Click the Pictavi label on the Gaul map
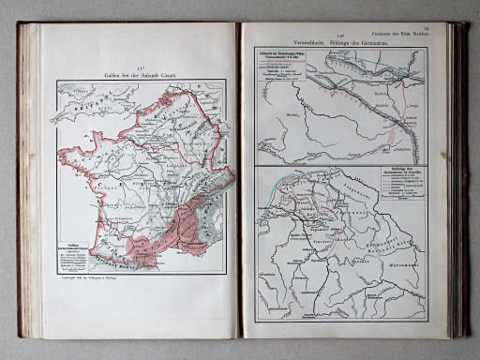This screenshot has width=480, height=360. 112,187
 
